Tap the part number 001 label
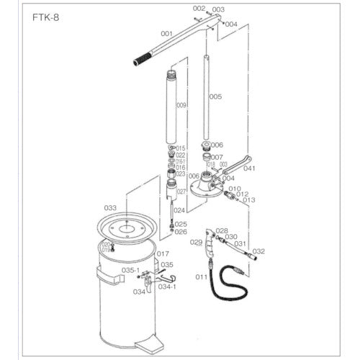point(166,33)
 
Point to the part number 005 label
point(215,96)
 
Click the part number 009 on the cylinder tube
point(181,106)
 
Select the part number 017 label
point(163,253)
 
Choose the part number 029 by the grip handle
point(195,243)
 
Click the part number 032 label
point(259,251)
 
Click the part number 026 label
point(181,232)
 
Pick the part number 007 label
point(217,157)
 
